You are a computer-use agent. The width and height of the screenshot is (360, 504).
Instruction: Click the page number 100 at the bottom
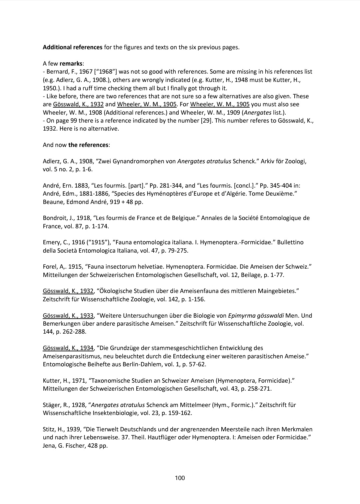pyautogui.click(x=180, y=478)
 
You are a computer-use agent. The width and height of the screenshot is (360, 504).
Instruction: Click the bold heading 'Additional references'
pyautogui.click(x=72, y=47)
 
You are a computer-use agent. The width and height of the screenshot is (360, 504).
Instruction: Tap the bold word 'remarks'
pyautogui.click(x=71, y=63)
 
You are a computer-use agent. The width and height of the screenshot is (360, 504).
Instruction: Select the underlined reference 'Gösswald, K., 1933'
pyautogui.click(x=68, y=315)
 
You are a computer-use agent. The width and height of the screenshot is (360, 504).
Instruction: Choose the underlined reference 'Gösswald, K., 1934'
pyautogui.click(x=68, y=348)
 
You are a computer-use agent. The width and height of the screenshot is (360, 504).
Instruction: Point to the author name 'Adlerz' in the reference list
pyautogui.click(x=51, y=161)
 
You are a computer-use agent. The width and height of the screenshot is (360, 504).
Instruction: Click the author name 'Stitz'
pyautogui.click(x=49, y=429)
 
